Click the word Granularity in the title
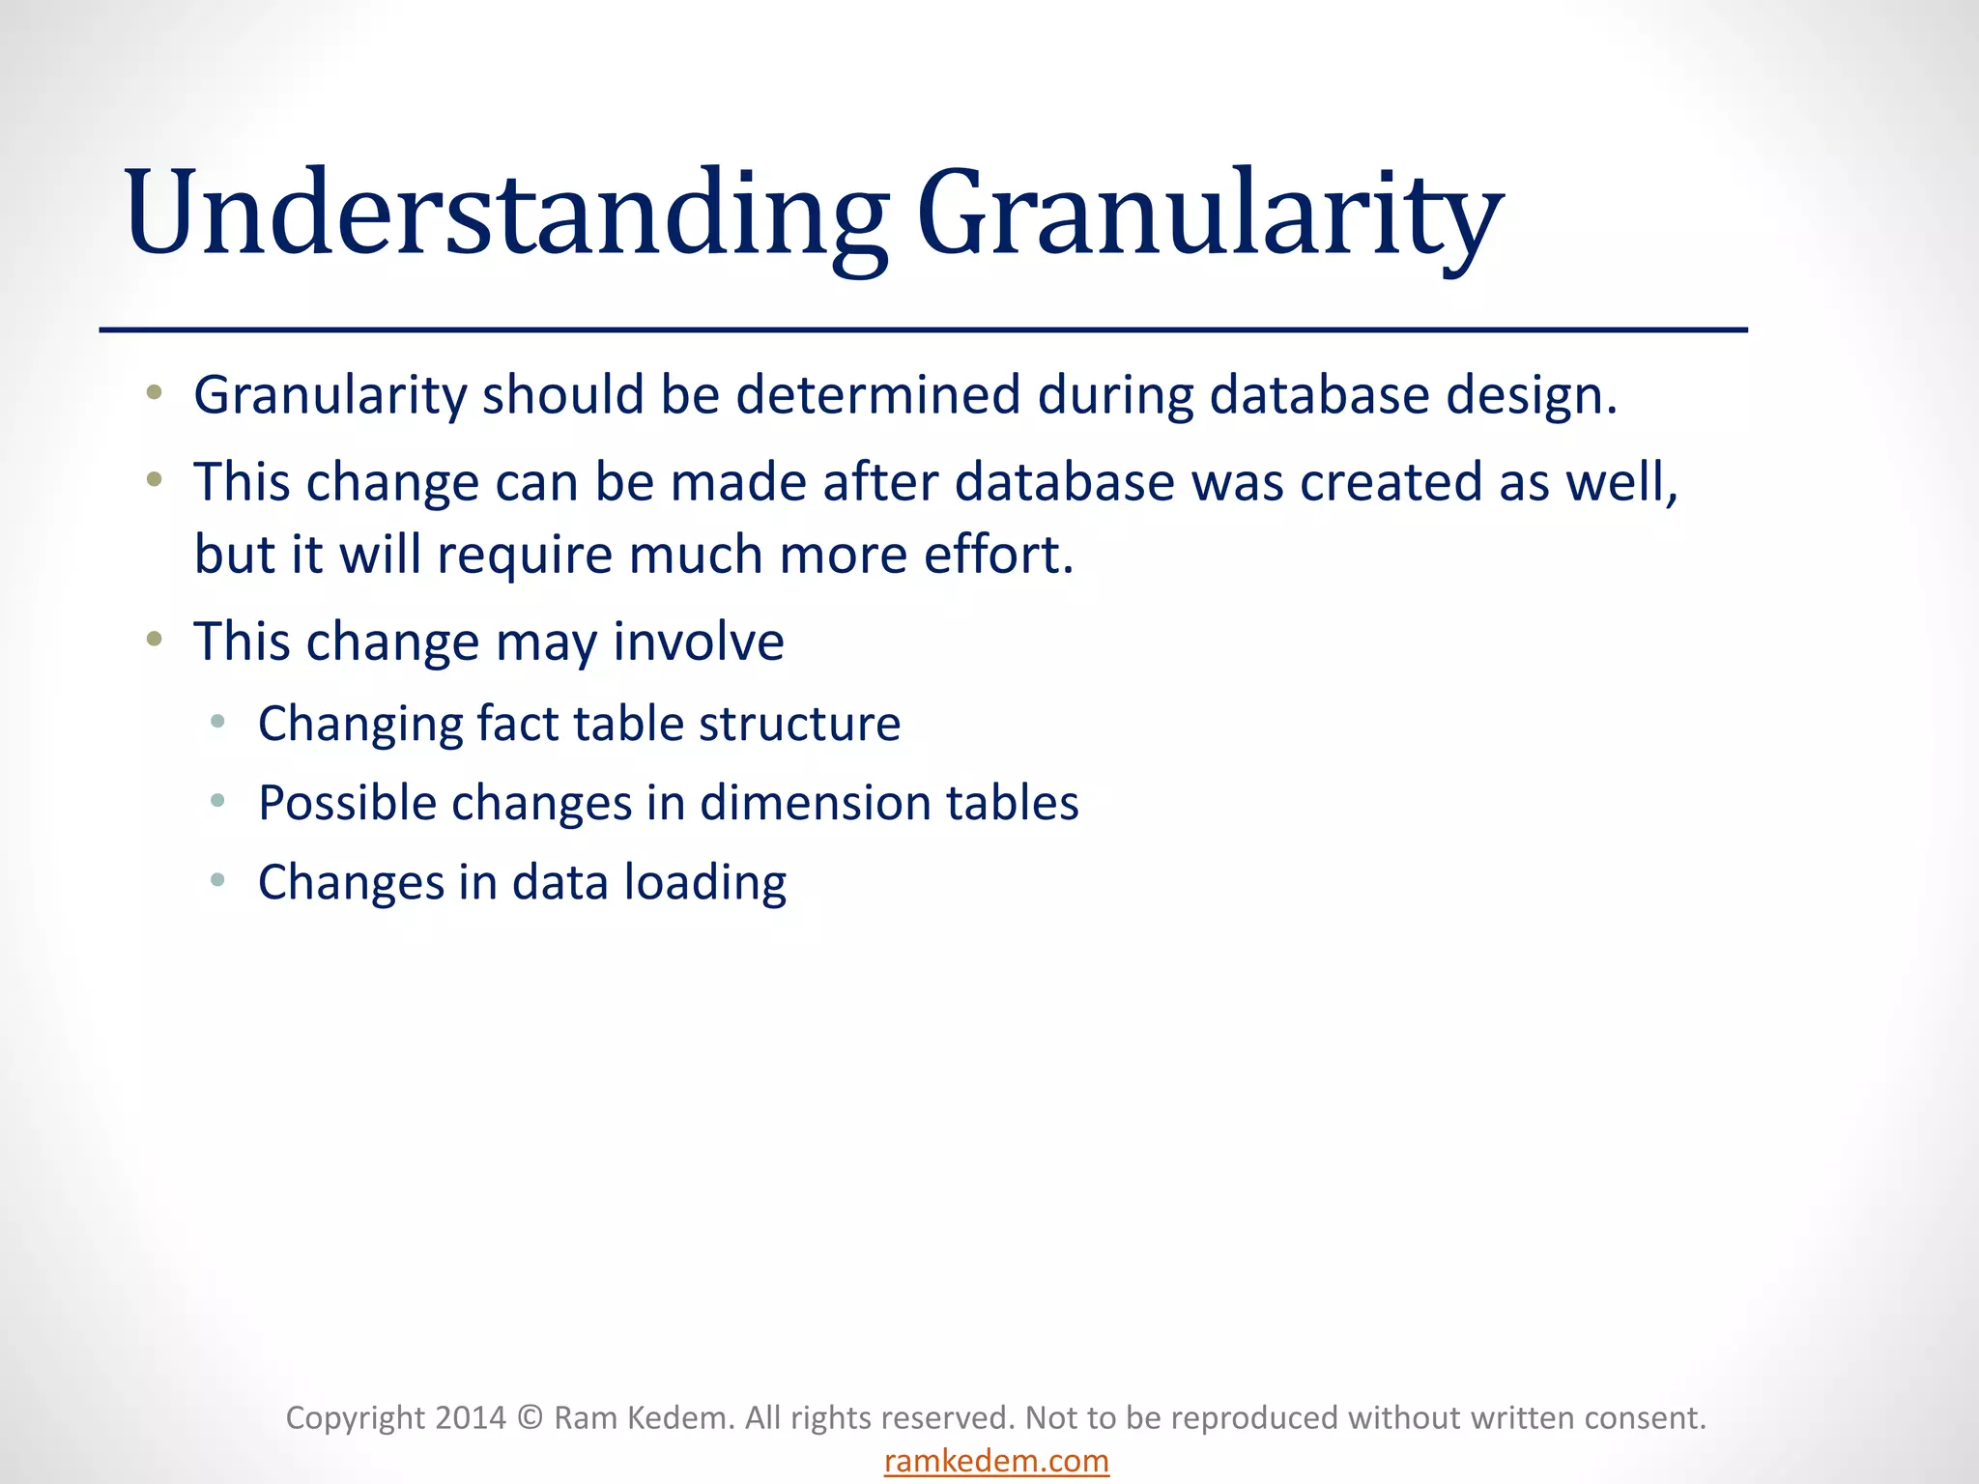coord(1208,214)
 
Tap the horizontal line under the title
coord(923,330)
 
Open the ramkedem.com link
coord(996,1461)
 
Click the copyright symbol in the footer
coord(530,1417)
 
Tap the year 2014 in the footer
coord(470,1417)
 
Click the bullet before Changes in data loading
coord(217,880)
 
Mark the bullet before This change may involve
coord(154,639)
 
